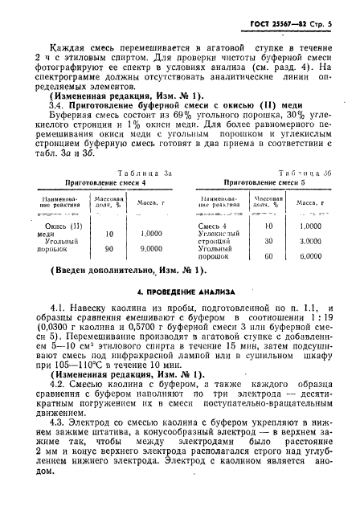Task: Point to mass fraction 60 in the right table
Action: click(268, 256)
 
